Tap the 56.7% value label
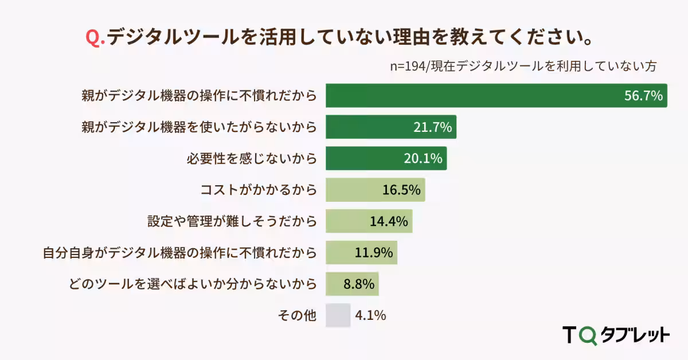click(x=643, y=96)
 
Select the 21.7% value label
click(x=433, y=127)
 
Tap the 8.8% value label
click(x=359, y=284)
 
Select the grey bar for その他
click(x=338, y=315)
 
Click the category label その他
click(x=296, y=315)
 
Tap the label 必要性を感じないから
click(x=251, y=159)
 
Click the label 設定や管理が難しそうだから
click(x=232, y=221)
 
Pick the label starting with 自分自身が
click(x=179, y=253)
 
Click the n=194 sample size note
click(x=522, y=65)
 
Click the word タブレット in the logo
click(x=634, y=335)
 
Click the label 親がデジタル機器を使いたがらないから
click(x=199, y=127)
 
